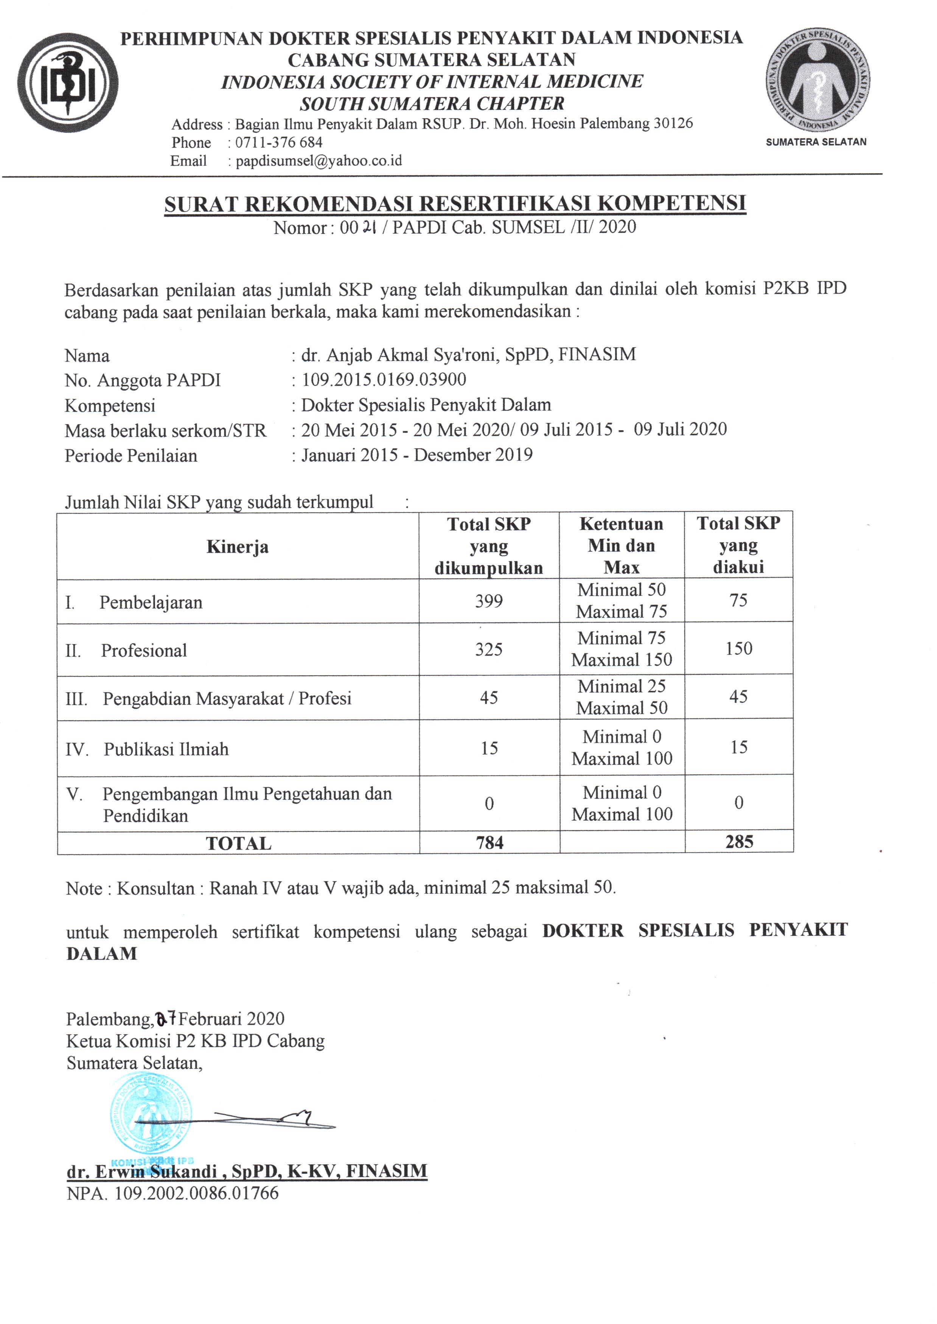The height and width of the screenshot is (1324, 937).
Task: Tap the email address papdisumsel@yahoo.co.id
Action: pyautogui.click(x=319, y=161)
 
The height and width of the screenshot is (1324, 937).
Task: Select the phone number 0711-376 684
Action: pyautogui.click(x=279, y=143)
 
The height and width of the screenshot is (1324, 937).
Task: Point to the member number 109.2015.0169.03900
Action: pyautogui.click(x=384, y=379)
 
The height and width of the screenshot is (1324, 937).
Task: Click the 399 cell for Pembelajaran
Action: pyautogui.click(x=489, y=601)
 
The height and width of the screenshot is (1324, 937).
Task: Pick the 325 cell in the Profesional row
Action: pyautogui.click(x=489, y=650)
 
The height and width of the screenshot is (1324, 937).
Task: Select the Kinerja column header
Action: pyautogui.click(x=237, y=547)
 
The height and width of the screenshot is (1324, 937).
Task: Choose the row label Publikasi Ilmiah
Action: pyautogui.click(x=166, y=749)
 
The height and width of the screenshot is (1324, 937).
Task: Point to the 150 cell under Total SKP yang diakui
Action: pyautogui.click(x=739, y=648)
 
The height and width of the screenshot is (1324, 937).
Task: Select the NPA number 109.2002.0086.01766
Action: pyautogui.click(x=196, y=1192)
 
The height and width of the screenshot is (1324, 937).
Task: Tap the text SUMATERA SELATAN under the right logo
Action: pyautogui.click(x=816, y=142)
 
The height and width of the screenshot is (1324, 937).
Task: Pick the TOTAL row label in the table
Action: pyautogui.click(x=238, y=844)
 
